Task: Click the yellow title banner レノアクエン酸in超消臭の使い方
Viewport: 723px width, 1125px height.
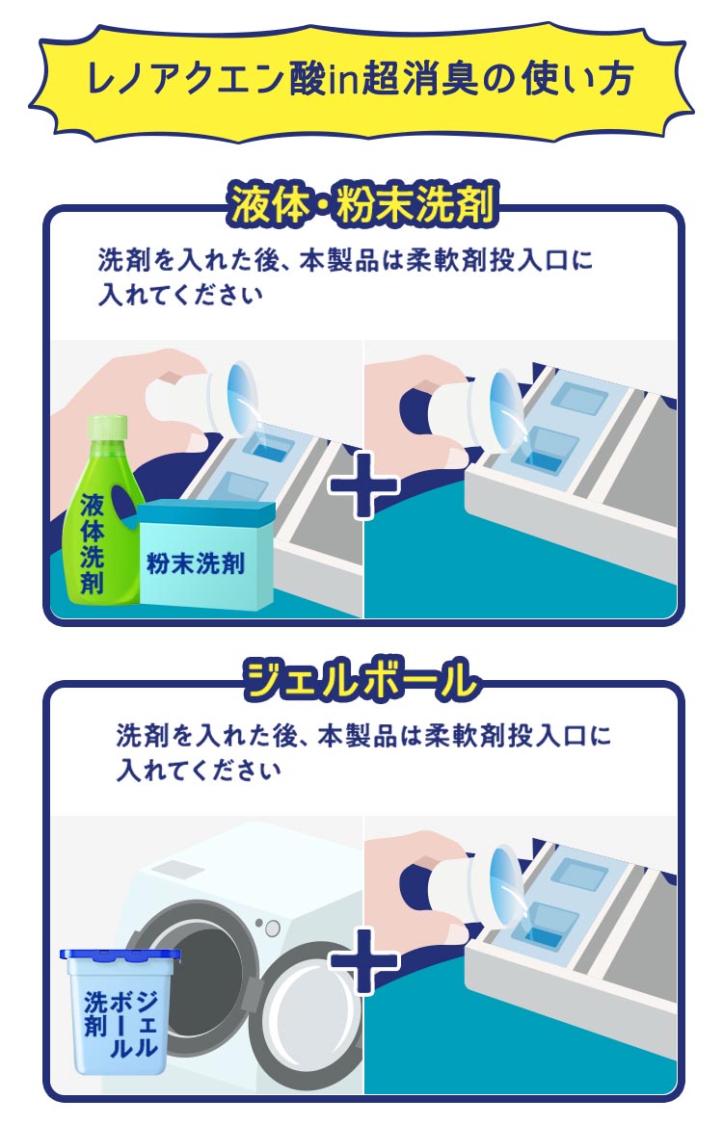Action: (361, 79)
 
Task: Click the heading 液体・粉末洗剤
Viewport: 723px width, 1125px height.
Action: (361, 204)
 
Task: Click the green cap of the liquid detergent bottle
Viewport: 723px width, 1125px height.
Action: (108, 428)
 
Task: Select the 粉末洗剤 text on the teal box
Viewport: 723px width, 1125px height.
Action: (195, 563)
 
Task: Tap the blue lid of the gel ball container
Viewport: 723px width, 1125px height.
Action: (120, 955)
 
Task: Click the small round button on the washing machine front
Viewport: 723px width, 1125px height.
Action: (272, 929)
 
